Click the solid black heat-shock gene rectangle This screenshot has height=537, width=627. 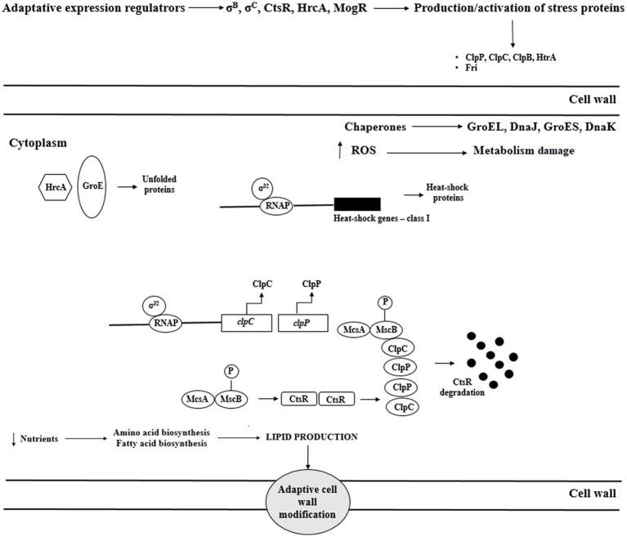tap(357, 204)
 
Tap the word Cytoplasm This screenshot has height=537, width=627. tap(38, 141)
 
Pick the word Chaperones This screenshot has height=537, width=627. tap(376, 127)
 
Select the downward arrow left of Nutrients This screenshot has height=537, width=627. tap(16, 439)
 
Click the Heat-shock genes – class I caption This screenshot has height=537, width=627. tap(382, 219)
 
